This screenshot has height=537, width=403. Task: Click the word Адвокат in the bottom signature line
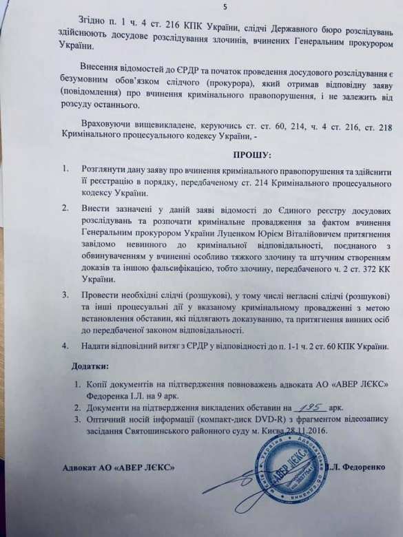pos(76,468)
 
